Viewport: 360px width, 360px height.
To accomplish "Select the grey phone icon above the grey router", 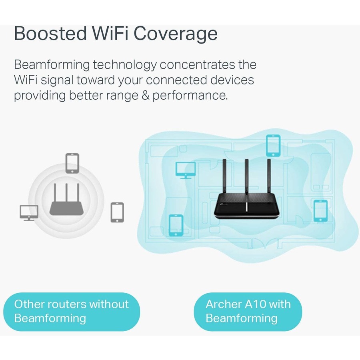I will [x=72, y=163].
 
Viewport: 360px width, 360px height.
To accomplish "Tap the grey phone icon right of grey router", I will [x=117, y=212].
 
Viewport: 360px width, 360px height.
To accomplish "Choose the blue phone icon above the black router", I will [x=273, y=146].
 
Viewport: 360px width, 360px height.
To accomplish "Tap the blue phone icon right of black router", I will [x=320, y=210].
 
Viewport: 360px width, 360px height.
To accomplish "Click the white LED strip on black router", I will [x=246, y=207].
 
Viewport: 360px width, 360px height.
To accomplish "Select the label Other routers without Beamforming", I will [x=72, y=311].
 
